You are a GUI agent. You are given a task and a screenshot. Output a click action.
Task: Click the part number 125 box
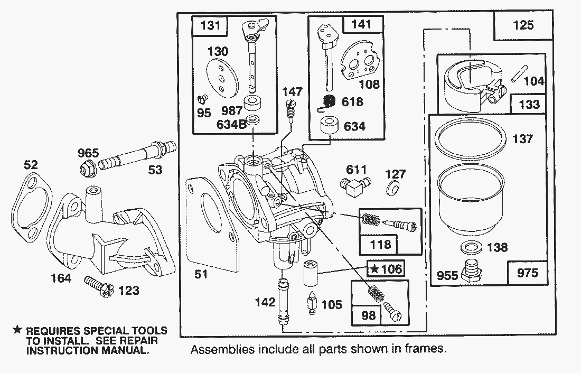tap(523, 25)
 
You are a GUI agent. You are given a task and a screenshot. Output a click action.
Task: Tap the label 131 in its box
tap(208, 25)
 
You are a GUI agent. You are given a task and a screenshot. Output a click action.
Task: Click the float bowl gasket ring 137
tap(468, 139)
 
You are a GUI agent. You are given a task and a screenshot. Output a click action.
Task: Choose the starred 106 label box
tap(386, 269)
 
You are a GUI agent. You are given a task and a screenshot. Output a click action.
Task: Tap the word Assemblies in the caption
tap(217, 349)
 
